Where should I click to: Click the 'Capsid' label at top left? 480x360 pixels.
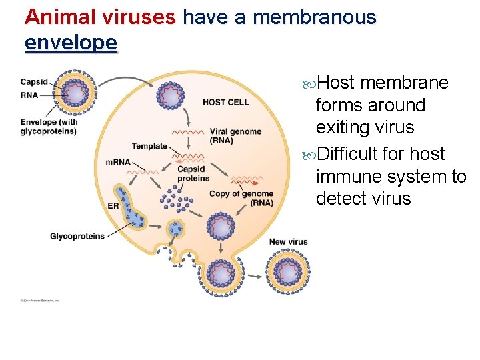[34, 82]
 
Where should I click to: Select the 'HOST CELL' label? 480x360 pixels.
[226, 102]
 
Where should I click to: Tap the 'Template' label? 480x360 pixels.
[149, 146]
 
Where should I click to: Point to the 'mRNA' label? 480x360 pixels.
[118, 162]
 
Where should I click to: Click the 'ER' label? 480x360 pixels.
[113, 206]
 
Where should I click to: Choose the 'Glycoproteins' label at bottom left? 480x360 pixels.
[77, 236]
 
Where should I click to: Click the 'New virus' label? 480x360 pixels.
[288, 241]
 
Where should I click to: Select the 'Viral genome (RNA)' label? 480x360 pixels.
[235, 135]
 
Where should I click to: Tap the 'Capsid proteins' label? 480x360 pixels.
[193, 173]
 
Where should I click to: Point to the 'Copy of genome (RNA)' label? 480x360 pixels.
[241, 198]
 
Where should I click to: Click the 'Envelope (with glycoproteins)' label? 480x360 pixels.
[49, 126]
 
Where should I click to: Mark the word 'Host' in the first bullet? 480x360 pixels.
[335, 83]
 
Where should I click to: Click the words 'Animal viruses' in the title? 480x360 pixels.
[101, 17]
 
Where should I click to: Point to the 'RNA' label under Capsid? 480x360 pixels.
[29, 95]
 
